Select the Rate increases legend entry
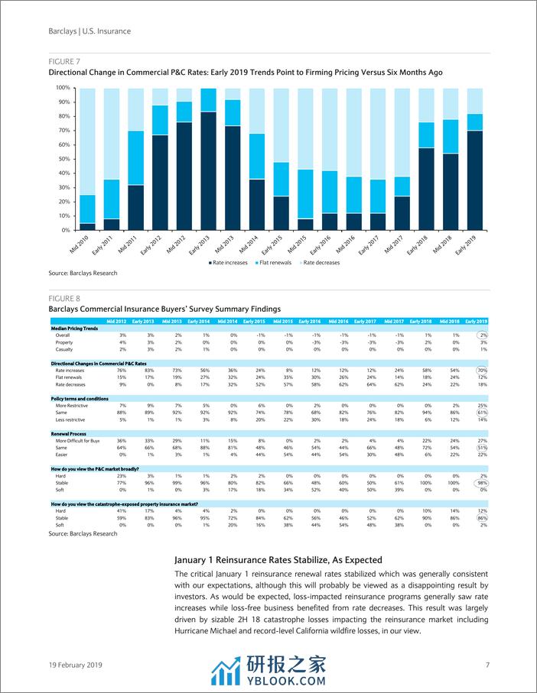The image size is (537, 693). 229,263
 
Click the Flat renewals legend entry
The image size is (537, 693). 276,263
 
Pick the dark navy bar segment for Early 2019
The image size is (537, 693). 474,180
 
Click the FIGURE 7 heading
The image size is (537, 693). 64,61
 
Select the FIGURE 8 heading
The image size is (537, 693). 64,298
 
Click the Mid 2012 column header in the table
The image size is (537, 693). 116,321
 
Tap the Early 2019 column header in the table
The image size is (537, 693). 476,321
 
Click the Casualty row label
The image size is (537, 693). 65,349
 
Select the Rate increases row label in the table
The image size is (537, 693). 71,370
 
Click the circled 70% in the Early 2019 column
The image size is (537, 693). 481,370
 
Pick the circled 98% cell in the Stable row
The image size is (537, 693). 481,484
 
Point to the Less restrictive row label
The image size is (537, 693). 73,419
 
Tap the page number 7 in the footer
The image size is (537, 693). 487,665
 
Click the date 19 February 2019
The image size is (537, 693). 75,665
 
